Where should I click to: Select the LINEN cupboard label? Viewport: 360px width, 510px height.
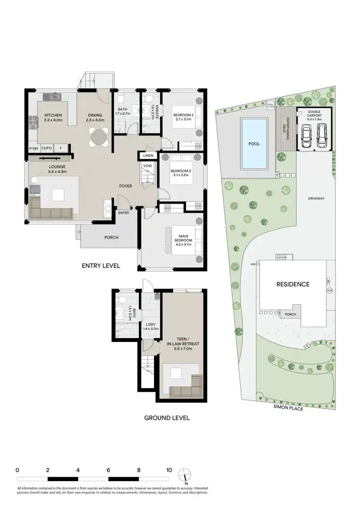[148, 156]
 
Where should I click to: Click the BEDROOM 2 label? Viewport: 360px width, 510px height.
[182, 115]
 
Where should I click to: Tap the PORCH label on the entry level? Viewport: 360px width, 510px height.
[111, 237]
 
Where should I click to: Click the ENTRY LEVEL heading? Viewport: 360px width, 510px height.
[101, 266]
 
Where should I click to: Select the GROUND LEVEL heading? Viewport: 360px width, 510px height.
[167, 418]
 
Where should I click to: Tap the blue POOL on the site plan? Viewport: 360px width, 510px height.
[254, 143]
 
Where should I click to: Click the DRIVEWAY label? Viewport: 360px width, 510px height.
[316, 198]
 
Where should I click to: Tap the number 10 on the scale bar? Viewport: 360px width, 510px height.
[169, 470]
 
